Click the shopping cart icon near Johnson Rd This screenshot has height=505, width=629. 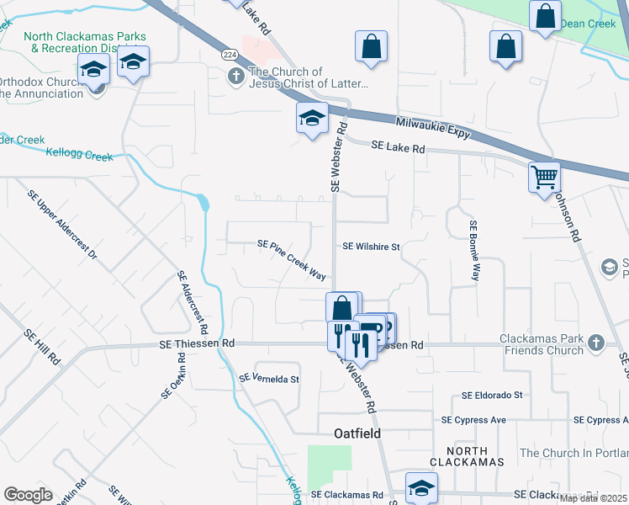coord(544,177)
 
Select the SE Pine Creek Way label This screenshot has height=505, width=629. coord(292,260)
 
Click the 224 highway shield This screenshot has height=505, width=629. coord(230,54)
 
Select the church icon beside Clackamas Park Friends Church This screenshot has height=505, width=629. coord(596,343)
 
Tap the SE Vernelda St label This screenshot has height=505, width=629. coord(269,379)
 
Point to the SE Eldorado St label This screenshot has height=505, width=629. coord(492,395)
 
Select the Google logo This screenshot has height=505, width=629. coord(28,494)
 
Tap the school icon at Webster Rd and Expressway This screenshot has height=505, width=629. coord(311,118)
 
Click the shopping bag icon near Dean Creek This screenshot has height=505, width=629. coord(545,15)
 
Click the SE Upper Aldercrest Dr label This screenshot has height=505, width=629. coord(62,224)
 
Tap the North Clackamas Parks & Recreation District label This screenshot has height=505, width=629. coord(85,42)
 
